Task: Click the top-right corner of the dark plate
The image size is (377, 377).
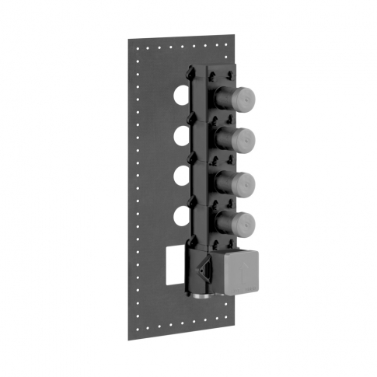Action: pos(235,34)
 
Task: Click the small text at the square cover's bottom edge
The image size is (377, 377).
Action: pos(246,291)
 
